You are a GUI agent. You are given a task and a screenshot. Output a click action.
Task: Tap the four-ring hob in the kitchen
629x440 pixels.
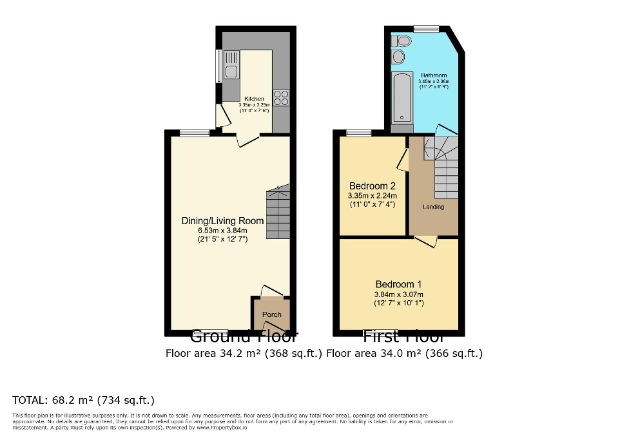click(281, 98)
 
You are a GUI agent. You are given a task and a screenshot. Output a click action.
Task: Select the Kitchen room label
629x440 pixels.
click(254, 99)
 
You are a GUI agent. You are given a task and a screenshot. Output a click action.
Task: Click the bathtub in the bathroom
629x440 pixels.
click(402, 98)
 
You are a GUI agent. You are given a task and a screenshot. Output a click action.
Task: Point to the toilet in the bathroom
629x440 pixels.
click(402, 41)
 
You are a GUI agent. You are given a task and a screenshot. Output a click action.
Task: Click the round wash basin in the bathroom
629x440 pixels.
click(399, 58)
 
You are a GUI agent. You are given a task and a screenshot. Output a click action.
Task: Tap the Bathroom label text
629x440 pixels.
click(432, 75)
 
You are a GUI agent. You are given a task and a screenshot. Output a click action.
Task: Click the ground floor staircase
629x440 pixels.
click(278, 213)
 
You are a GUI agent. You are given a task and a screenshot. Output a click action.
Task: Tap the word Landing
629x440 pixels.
click(433, 207)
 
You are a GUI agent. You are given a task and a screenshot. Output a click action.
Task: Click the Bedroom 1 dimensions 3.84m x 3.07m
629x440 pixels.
click(400, 294)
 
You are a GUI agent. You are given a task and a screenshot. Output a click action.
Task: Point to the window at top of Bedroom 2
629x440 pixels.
click(359, 133)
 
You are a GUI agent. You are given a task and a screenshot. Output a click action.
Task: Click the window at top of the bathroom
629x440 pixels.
click(426, 28)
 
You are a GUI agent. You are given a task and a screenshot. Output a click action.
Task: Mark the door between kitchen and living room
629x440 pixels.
click(247, 140)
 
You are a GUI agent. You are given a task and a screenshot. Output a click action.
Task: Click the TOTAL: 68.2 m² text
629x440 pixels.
click(83, 399)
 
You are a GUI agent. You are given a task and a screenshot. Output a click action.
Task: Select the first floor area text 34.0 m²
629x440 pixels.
click(404, 353)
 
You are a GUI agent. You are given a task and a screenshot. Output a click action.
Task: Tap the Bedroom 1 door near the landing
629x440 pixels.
click(426, 242)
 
